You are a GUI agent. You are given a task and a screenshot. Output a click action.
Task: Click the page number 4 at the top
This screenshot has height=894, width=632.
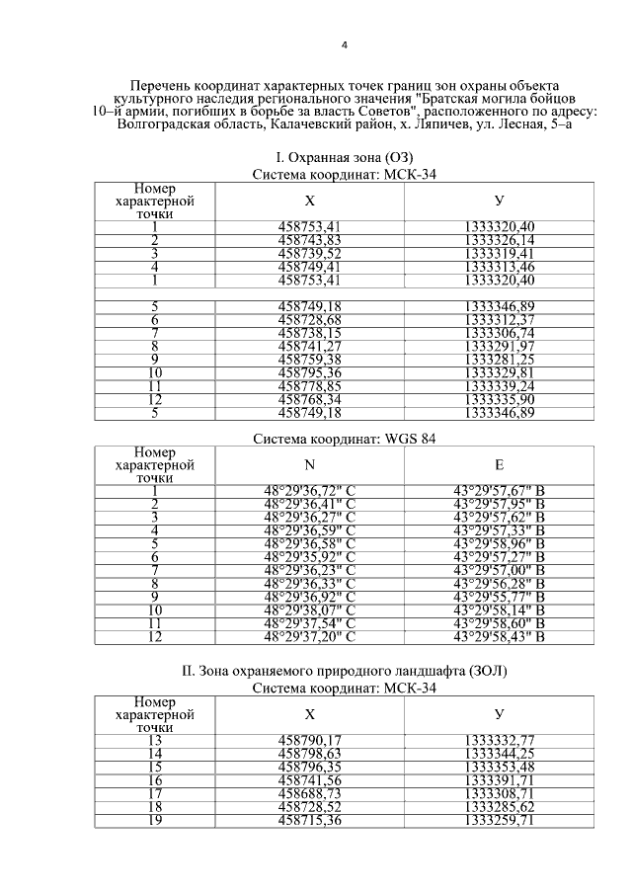pyautogui.click(x=344, y=45)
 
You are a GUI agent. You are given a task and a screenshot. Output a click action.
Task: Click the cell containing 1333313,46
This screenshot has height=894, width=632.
pyautogui.click(x=499, y=266)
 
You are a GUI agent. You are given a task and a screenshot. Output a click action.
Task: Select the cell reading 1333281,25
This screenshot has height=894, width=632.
pyautogui.click(x=499, y=360)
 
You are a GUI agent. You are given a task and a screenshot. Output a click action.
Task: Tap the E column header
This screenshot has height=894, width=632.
pyautogui.click(x=499, y=465)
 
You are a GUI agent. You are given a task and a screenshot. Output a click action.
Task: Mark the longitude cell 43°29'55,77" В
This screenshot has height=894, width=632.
pyautogui.click(x=499, y=597)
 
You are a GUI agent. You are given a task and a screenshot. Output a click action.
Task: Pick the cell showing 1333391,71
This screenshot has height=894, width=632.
pyautogui.click(x=499, y=779)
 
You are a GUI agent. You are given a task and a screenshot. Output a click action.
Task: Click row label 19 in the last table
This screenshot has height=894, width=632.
pyautogui.click(x=155, y=819)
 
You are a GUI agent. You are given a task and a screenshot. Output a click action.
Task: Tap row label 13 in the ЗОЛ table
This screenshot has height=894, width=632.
pyautogui.click(x=155, y=739)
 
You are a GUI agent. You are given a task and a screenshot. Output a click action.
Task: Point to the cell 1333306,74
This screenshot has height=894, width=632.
pyautogui.click(x=499, y=333)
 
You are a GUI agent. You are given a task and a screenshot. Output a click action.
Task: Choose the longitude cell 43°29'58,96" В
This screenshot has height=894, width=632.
pyautogui.click(x=499, y=543)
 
